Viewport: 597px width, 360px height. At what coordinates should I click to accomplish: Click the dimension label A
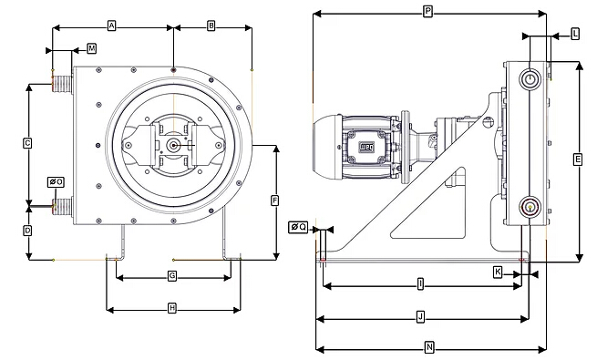111,26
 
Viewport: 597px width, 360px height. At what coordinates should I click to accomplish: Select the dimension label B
211,26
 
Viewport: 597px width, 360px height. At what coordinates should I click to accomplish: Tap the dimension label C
27,143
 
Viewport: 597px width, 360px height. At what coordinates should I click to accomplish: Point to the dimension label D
27,231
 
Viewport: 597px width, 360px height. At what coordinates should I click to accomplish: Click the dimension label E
578,159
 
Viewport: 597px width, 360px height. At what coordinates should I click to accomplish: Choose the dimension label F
274,200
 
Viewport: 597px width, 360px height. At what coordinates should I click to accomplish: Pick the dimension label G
171,275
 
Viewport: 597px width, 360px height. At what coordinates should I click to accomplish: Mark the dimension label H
171,309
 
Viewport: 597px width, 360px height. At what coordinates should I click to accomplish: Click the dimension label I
419,284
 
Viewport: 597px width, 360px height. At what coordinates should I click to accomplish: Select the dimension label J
420,317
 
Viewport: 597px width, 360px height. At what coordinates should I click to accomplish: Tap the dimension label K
498,272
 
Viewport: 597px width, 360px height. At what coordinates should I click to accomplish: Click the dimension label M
91,47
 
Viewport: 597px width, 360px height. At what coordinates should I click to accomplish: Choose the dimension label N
429,347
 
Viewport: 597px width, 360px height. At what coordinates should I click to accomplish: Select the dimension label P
427,11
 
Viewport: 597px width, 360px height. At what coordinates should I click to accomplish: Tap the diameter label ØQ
297,227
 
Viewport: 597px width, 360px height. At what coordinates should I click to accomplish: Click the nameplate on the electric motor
367,145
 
